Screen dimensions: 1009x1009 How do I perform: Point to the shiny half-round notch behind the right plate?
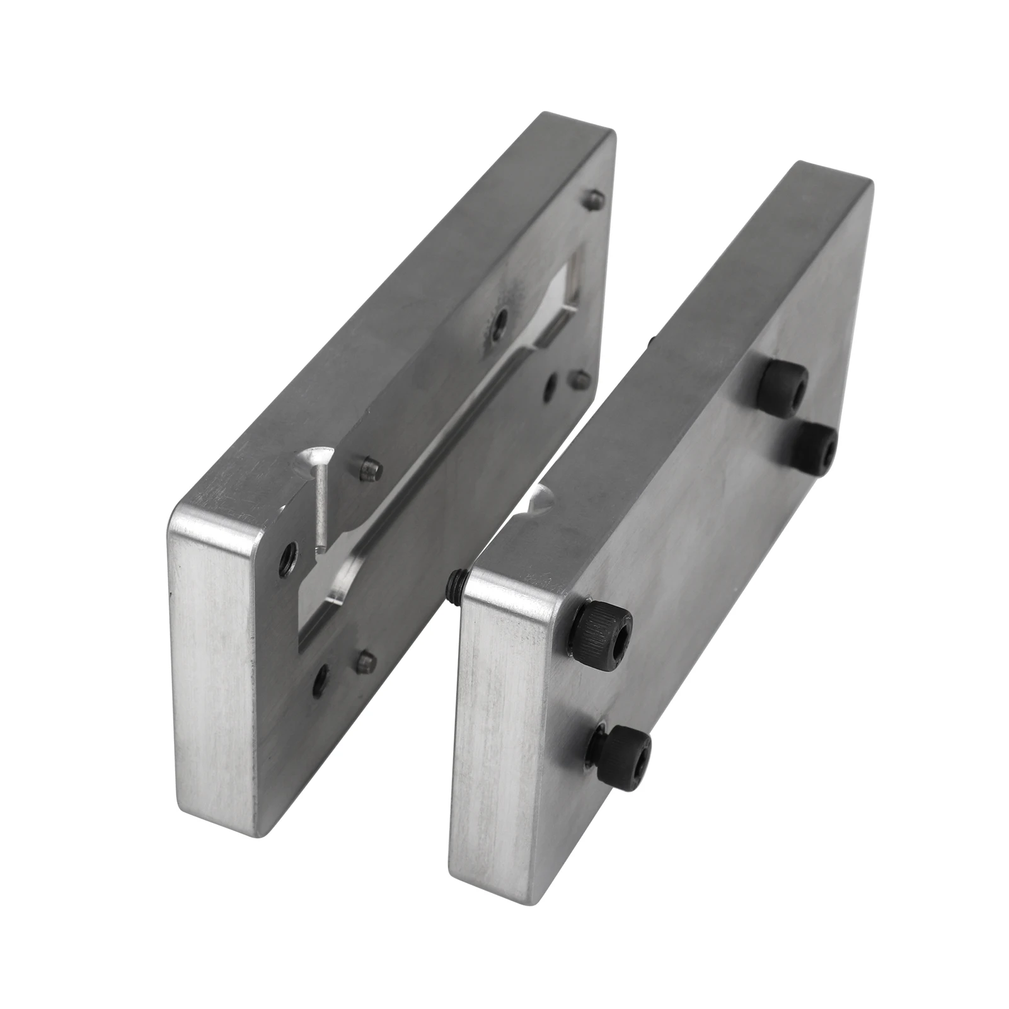(x=541, y=498)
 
